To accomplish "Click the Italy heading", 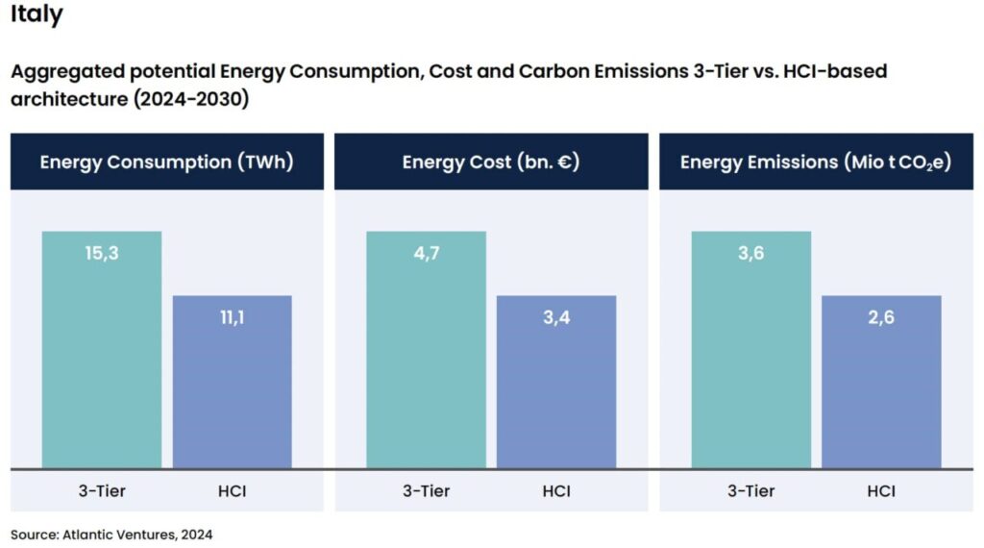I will [x=37, y=15].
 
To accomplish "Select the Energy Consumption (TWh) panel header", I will [x=166, y=162].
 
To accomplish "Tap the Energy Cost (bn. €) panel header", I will [x=490, y=162].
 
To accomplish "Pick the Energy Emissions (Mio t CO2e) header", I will [x=815, y=162].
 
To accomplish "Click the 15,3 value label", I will [x=102, y=254].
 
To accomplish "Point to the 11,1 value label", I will [x=232, y=318].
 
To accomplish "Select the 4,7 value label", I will [x=426, y=254].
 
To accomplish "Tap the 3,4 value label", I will [x=556, y=318].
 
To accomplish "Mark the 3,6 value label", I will [x=750, y=254].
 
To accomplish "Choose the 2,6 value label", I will [x=881, y=318].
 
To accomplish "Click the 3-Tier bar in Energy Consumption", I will [x=102, y=365].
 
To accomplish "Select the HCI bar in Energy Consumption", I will [x=232, y=394].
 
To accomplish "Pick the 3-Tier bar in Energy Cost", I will [x=426, y=365].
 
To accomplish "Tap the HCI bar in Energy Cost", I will [x=556, y=394].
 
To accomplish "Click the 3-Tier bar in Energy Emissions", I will [x=750, y=365].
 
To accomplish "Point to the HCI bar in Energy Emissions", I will [x=881, y=394].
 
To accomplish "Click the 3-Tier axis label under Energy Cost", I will [x=426, y=491].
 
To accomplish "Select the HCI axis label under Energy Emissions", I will [x=881, y=491].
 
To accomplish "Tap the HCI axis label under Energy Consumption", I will [x=232, y=491].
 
